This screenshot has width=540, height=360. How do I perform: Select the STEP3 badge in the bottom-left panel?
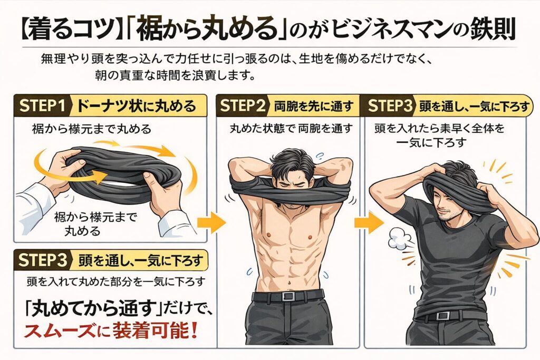(43, 259)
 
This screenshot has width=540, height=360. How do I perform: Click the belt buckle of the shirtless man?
(288, 296)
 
